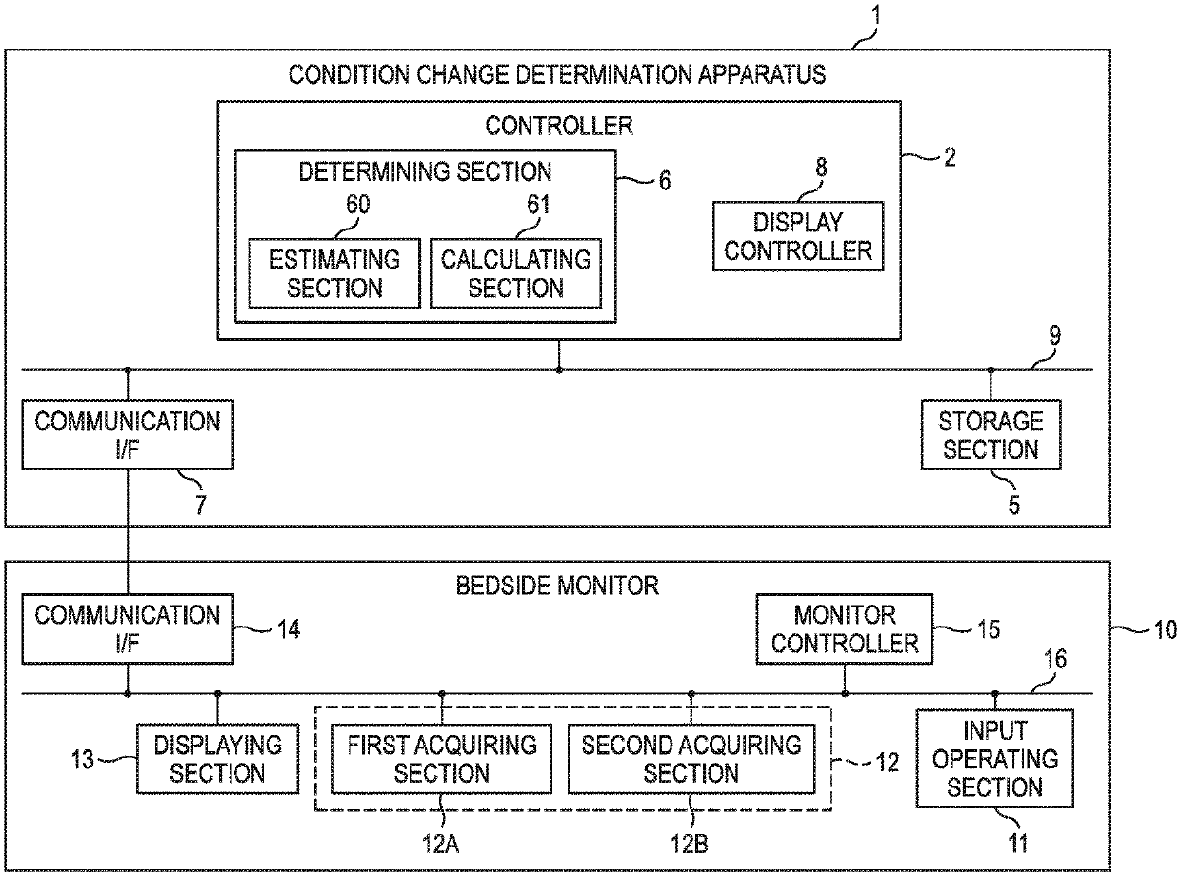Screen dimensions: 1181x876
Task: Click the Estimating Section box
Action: point(334,273)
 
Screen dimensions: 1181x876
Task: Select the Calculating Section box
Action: point(516,273)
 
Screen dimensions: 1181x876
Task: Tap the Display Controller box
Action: point(798,236)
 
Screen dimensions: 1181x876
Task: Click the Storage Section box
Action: point(991,435)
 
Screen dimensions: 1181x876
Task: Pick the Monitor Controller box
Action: point(845,629)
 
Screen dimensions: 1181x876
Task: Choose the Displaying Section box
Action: point(217,759)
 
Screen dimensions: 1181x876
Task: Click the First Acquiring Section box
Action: point(441,759)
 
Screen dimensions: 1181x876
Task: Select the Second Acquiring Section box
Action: point(691,759)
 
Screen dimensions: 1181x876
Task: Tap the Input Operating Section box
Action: point(994,759)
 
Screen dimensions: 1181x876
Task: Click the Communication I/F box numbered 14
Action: point(128,629)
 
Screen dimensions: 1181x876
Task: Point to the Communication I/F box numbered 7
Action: point(128,435)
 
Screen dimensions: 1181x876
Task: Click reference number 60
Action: point(358,205)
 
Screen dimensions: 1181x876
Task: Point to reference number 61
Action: point(538,205)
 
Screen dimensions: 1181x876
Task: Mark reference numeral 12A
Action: point(440,844)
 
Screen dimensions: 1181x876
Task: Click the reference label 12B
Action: point(689,844)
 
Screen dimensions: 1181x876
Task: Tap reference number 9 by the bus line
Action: point(1055,335)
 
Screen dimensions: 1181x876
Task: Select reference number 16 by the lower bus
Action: point(1055,659)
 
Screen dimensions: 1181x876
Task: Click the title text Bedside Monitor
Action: point(557,586)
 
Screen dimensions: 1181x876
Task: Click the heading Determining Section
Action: point(425,171)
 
